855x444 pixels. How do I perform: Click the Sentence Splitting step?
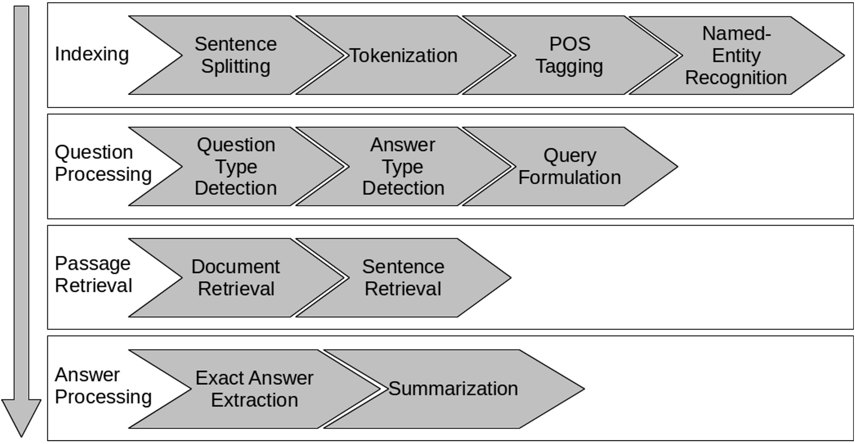point(235,55)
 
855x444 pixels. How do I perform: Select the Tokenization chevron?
point(403,55)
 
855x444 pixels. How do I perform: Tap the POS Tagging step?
point(570,55)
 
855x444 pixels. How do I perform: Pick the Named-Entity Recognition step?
point(736,55)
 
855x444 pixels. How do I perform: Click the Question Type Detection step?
point(235,166)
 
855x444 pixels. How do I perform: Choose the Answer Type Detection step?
point(403,166)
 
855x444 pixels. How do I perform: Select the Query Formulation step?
point(570,166)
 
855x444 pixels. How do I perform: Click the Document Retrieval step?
point(235,277)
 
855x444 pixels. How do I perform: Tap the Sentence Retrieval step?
point(403,277)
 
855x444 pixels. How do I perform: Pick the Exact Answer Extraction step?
point(255,389)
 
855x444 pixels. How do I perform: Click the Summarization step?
point(453,389)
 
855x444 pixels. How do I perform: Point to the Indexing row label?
point(91,55)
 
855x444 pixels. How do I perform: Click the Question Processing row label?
point(103,163)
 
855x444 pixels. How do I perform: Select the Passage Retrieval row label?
point(93,274)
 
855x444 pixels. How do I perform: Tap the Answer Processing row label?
point(103,386)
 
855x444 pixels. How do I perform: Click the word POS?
point(570,44)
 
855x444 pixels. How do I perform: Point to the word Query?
point(570,155)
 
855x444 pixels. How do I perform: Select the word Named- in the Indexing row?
point(736,34)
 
